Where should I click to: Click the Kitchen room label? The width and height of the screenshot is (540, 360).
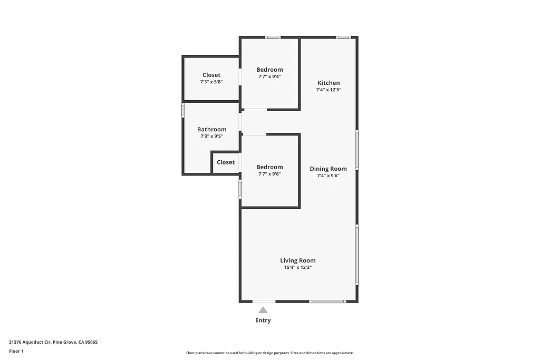328,83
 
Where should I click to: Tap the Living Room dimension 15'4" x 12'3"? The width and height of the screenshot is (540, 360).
298,267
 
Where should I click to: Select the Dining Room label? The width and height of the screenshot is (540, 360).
328,169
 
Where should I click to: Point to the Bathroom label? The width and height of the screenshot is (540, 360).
211,129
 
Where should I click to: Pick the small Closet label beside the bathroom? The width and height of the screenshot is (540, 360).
225,162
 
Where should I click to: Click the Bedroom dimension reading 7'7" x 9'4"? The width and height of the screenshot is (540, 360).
269,76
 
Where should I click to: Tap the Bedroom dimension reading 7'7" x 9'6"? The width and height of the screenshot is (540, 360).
269,174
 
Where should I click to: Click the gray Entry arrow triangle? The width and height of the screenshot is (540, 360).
263,310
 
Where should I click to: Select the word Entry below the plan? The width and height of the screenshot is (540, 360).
263,320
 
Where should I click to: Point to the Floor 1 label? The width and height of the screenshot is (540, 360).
16,351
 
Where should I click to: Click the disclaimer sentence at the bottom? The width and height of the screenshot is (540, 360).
269,353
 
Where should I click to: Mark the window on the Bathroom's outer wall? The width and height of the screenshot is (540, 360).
183,110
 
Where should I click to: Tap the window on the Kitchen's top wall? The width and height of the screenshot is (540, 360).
344,37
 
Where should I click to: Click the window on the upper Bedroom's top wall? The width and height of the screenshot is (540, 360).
273,37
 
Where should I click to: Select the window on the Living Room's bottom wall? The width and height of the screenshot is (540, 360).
327,301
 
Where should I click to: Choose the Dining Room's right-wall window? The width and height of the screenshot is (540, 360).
357,150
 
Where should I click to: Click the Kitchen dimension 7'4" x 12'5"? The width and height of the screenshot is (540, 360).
328,90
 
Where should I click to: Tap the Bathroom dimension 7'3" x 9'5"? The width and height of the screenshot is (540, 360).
211,136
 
